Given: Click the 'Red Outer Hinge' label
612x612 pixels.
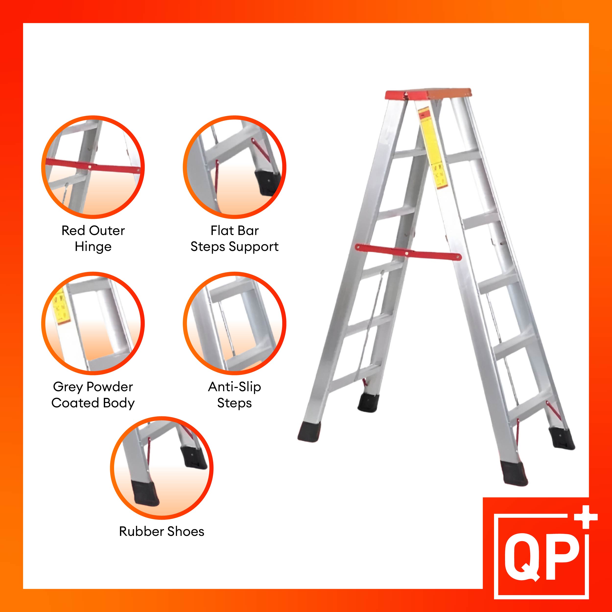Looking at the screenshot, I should point(93,238).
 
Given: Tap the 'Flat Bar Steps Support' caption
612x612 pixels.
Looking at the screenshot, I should point(235,238).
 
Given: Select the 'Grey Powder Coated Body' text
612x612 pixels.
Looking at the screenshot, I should point(93,394).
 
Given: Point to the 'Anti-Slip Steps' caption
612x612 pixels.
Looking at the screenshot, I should point(235,394).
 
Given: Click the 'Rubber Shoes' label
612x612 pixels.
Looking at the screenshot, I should point(162,531).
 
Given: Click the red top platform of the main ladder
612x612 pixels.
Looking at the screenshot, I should point(428,94).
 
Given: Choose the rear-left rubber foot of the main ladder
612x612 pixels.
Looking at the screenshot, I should point(368,403).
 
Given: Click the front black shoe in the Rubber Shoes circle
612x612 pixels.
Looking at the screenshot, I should point(144,494).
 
